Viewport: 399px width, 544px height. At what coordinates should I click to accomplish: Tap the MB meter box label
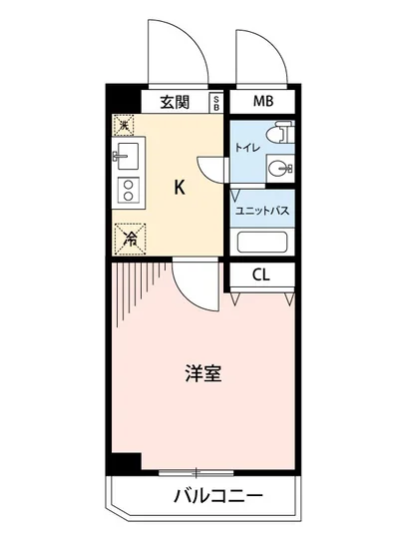coord(262,100)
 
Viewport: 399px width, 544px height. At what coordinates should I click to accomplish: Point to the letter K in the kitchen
coord(180,187)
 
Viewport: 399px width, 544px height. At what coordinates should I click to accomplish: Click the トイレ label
coord(247,149)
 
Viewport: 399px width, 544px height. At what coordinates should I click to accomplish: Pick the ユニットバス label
coord(262,211)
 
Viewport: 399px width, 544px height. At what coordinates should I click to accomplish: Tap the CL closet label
coord(260,274)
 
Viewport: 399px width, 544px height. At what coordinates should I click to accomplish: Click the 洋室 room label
coord(202,374)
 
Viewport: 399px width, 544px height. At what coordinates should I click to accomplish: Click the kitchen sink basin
coord(127,156)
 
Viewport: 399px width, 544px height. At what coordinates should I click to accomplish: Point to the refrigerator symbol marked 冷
coord(129,237)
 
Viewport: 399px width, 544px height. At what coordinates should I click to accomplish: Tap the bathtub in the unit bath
coord(262,242)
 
